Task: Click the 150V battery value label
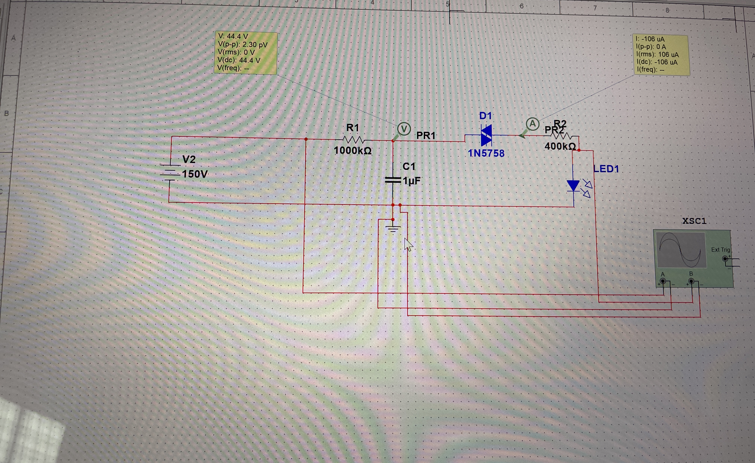point(195,174)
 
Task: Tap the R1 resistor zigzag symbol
point(353,140)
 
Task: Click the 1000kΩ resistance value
point(352,151)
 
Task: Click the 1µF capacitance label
point(412,181)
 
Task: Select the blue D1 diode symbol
point(486,135)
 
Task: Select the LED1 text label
point(606,169)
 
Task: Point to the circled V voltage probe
point(404,129)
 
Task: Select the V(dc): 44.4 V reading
point(239,60)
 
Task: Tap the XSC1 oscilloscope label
point(694,221)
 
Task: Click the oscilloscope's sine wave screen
point(680,250)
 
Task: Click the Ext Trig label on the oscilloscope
point(720,250)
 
